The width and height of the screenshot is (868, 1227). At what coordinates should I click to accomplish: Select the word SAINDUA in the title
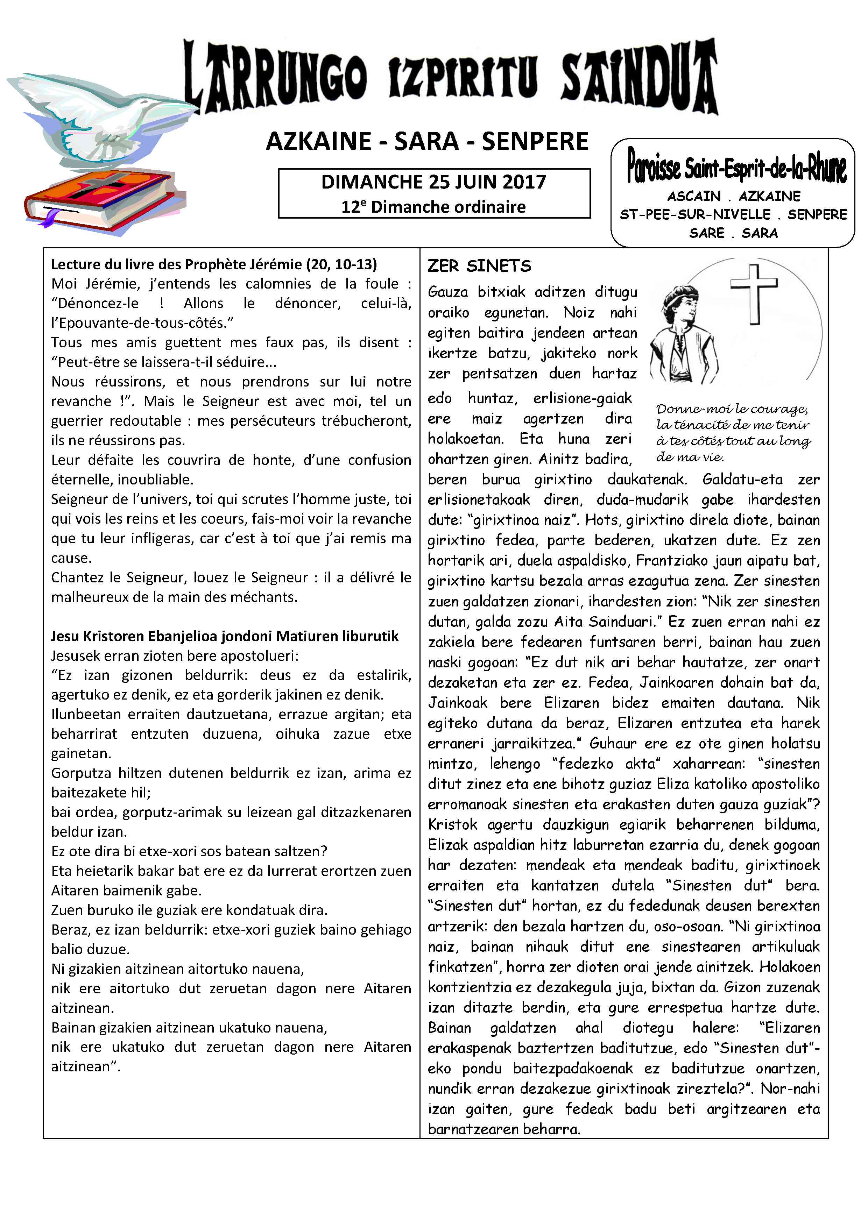639,78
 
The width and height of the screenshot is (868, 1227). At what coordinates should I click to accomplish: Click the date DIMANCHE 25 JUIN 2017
433,182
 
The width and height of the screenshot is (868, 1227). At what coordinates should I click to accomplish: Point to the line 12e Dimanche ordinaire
433,207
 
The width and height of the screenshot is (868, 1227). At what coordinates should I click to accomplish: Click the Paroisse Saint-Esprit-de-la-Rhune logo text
736,167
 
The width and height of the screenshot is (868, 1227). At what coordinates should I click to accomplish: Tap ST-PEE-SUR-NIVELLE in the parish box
695,215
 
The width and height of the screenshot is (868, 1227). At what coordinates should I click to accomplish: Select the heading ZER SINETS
479,266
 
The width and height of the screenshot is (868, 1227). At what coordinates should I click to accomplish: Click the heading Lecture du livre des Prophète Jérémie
214,264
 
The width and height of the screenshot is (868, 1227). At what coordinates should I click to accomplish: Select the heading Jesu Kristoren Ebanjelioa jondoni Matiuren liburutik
225,636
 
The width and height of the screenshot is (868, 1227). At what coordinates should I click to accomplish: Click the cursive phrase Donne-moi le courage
732,409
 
